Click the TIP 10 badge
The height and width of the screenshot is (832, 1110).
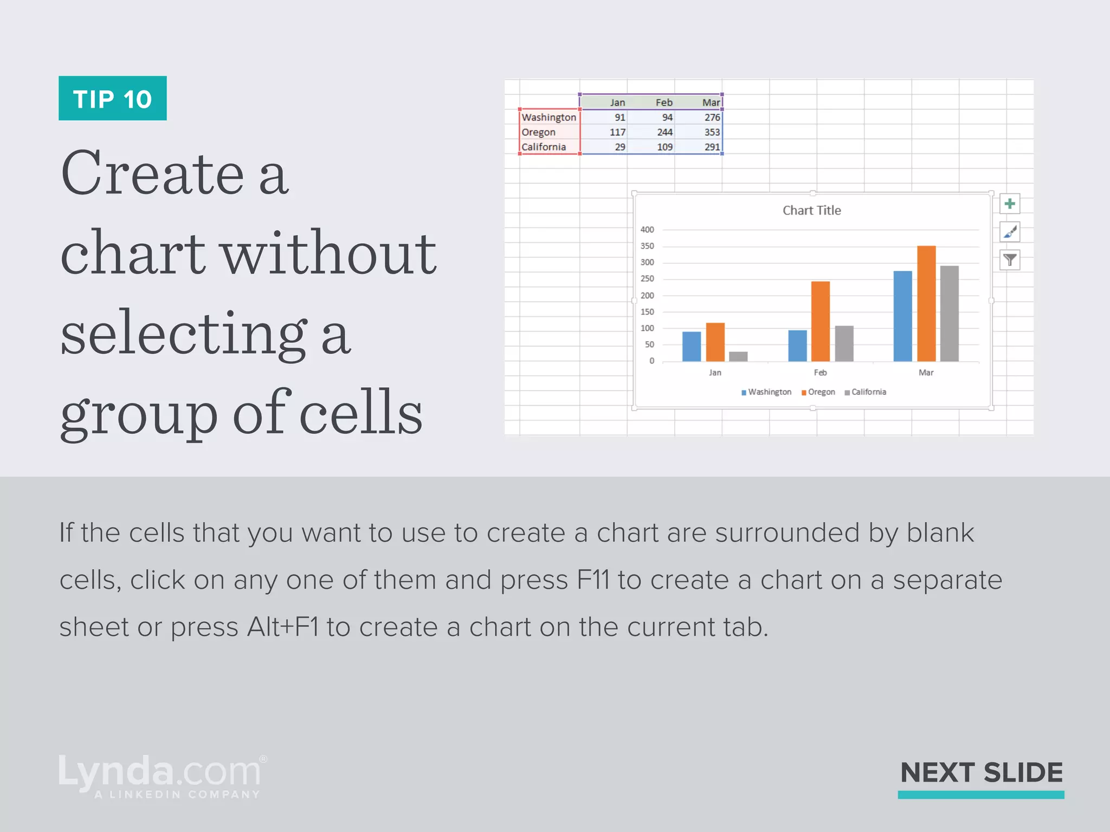click(112, 99)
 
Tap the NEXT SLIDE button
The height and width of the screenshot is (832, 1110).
click(981, 773)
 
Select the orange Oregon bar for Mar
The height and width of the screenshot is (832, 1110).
click(926, 303)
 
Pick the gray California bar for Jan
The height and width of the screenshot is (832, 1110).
click(738, 356)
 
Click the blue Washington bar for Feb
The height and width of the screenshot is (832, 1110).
click(797, 346)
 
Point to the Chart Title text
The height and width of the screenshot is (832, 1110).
click(811, 211)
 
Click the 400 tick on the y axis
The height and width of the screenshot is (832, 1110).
click(647, 230)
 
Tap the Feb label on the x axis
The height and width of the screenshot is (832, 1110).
click(820, 373)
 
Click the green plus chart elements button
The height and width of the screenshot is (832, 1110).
click(1009, 204)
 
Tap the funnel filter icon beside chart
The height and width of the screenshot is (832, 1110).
click(1009, 261)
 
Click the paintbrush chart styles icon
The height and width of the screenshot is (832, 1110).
click(1009, 232)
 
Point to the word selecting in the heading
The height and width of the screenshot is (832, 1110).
click(184, 333)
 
